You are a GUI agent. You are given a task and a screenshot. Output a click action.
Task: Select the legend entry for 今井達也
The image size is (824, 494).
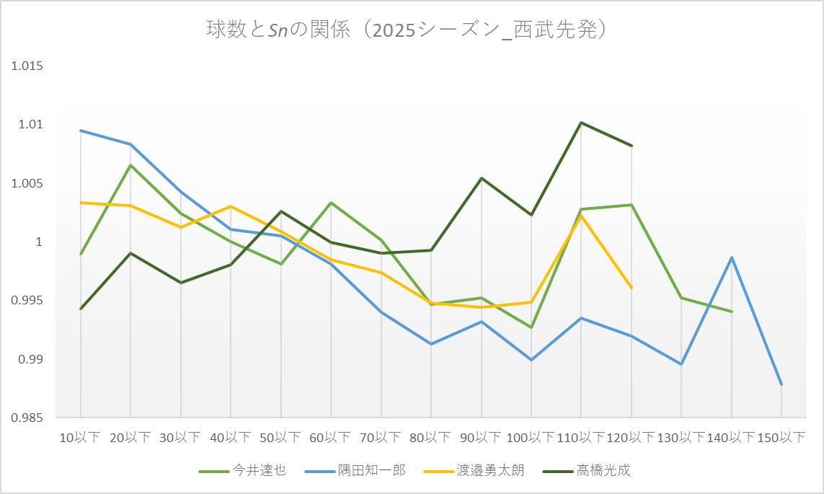point(242,470)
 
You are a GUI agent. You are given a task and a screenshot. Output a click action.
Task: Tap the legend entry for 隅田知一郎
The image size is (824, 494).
point(355,470)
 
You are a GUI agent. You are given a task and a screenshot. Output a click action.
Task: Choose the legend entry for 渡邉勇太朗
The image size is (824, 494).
point(474,470)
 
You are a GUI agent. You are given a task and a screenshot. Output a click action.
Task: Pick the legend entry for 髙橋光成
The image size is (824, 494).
point(587,470)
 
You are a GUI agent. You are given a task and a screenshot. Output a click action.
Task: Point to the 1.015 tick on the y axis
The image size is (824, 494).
point(27,66)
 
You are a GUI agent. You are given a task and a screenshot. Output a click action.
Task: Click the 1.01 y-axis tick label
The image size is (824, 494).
point(30,125)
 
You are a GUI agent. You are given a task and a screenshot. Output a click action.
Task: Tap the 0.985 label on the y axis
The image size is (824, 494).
point(27,418)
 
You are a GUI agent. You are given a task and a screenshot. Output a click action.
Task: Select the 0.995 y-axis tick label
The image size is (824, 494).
point(27,301)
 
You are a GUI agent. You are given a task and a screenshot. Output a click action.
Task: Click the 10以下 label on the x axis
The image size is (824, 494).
point(80,437)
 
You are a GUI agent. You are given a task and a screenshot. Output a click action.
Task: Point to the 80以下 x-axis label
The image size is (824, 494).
point(430,437)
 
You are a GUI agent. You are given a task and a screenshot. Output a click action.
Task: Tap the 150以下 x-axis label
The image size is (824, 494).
point(781,437)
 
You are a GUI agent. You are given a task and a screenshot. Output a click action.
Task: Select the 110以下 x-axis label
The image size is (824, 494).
point(580,437)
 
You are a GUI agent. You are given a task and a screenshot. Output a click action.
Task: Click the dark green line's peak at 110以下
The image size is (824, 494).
point(580,123)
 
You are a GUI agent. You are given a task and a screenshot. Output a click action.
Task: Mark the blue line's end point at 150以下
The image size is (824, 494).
point(781,384)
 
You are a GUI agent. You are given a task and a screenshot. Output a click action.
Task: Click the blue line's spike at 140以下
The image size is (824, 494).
point(732,257)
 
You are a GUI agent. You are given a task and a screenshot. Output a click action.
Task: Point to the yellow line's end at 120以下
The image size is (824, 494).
point(631,288)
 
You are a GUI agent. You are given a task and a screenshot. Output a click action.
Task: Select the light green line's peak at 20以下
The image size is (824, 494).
point(130,165)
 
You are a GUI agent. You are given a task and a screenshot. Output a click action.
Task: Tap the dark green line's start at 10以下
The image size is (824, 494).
point(81,309)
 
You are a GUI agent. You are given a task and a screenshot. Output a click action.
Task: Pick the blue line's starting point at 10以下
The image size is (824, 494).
point(81,131)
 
